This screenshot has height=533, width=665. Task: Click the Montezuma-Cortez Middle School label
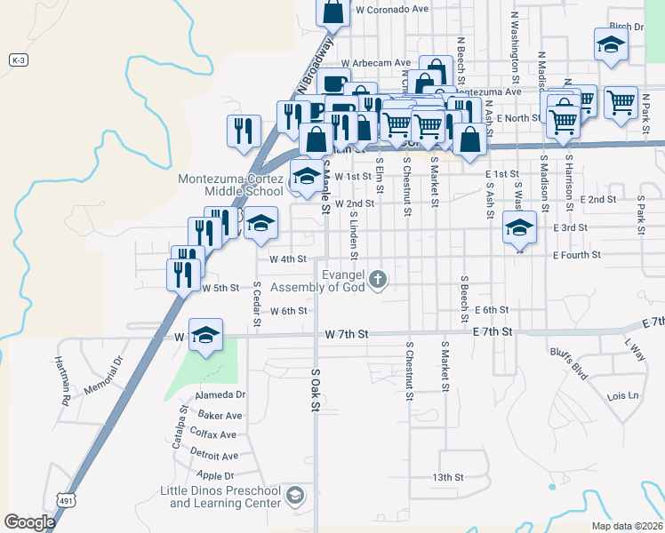[x=230, y=184]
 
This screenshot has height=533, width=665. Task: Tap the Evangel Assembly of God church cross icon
[x=378, y=280]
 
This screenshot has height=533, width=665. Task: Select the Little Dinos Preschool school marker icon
[x=296, y=495]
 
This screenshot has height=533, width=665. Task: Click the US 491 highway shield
[x=66, y=500]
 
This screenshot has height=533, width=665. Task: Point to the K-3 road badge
[x=19, y=60]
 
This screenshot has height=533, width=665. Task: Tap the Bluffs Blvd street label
[x=569, y=364]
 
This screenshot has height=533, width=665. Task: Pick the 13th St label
[x=448, y=477]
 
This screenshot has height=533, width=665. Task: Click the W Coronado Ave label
[x=391, y=9]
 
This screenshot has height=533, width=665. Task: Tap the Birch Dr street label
[x=626, y=28]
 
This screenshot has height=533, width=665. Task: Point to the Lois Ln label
[x=622, y=395]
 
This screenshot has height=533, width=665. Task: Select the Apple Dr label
[x=216, y=476]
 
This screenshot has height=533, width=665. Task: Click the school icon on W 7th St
[x=205, y=335]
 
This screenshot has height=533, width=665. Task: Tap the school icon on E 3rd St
[x=519, y=227]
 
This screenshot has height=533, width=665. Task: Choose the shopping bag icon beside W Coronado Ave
[x=333, y=12]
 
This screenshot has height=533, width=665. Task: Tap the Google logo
[x=29, y=522]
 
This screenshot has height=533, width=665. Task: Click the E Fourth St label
[x=576, y=255]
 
